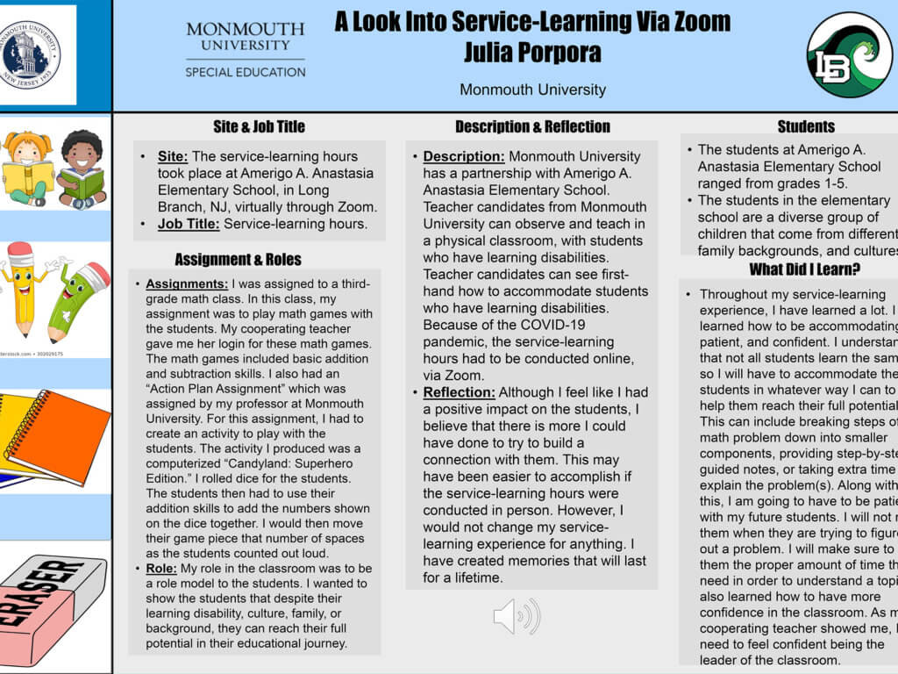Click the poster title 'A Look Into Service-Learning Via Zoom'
pos(532,21)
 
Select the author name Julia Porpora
pos(532,52)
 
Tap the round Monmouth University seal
pos(38,54)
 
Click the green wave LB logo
pos(849,54)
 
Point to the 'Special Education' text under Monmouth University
pos(245,72)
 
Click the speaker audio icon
pos(516,616)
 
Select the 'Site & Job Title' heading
pos(259,126)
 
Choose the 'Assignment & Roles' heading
pos(238,259)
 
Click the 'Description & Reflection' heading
pos(532,126)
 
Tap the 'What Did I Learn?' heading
pos(804,269)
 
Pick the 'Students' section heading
pos(806,126)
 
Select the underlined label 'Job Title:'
pos(189,224)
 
